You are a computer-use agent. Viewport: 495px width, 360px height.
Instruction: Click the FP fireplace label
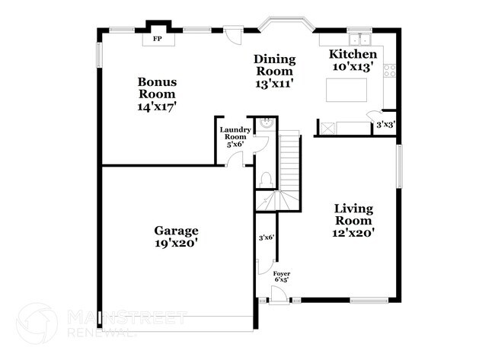pos(158,38)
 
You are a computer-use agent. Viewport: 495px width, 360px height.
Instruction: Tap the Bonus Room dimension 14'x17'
pos(157,107)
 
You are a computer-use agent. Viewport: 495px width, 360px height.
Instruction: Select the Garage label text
pos(176,231)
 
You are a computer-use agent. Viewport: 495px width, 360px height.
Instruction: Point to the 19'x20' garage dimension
pos(176,244)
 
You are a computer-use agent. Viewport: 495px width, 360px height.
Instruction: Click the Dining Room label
pos(274,65)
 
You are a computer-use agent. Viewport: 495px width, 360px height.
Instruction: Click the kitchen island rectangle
pos(348,90)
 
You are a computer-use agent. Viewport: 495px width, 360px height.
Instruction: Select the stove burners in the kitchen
pos(390,71)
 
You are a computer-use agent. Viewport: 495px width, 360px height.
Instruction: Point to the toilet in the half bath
pos(265,180)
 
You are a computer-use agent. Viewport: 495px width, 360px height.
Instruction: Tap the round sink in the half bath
pos(266,121)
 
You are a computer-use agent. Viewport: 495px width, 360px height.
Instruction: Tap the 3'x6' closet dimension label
pos(267,237)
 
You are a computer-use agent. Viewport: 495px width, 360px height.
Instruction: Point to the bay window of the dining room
pos(284,25)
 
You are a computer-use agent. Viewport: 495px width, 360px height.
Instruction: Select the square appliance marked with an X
pos(326,128)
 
